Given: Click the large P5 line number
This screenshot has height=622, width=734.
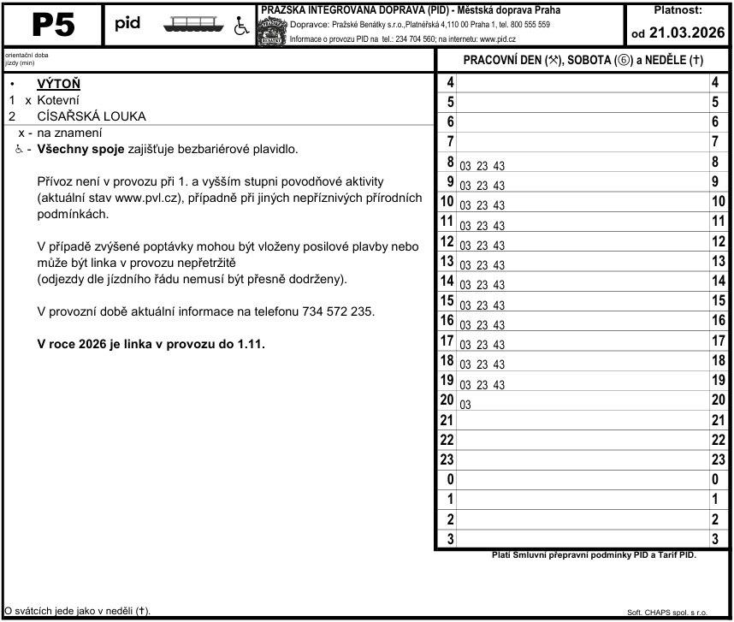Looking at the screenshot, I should (53, 26).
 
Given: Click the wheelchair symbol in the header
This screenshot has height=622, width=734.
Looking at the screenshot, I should (241, 26).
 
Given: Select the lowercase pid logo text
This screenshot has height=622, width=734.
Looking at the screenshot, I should (127, 22).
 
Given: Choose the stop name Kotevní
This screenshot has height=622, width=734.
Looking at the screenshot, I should (58, 100).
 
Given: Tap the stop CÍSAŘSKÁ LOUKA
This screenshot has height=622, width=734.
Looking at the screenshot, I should (92, 116).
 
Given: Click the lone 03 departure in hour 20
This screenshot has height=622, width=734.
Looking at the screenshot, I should (465, 404).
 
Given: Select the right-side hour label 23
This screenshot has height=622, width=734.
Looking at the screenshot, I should (719, 459).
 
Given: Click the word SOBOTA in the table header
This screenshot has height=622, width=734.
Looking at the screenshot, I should (592, 61).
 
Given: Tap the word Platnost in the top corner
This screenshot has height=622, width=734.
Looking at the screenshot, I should (678, 11).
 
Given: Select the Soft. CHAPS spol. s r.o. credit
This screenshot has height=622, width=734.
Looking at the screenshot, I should (667, 613).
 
